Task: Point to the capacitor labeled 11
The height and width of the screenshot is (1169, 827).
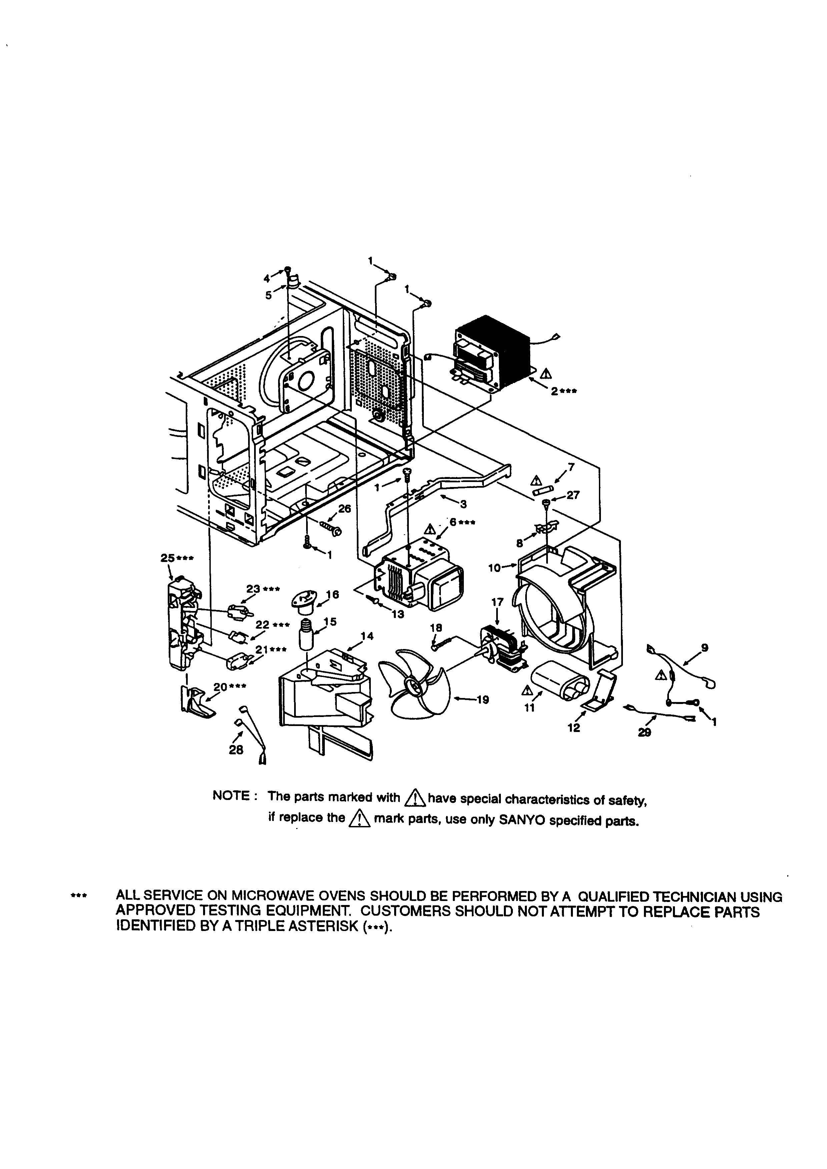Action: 558,680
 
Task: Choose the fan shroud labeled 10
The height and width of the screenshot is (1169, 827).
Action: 560,601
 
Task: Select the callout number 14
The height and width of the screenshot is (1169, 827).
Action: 367,636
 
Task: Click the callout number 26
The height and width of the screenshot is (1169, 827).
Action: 345,509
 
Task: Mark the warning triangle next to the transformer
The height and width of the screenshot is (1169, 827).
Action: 546,373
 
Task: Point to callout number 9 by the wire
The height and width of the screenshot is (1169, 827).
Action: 704,648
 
